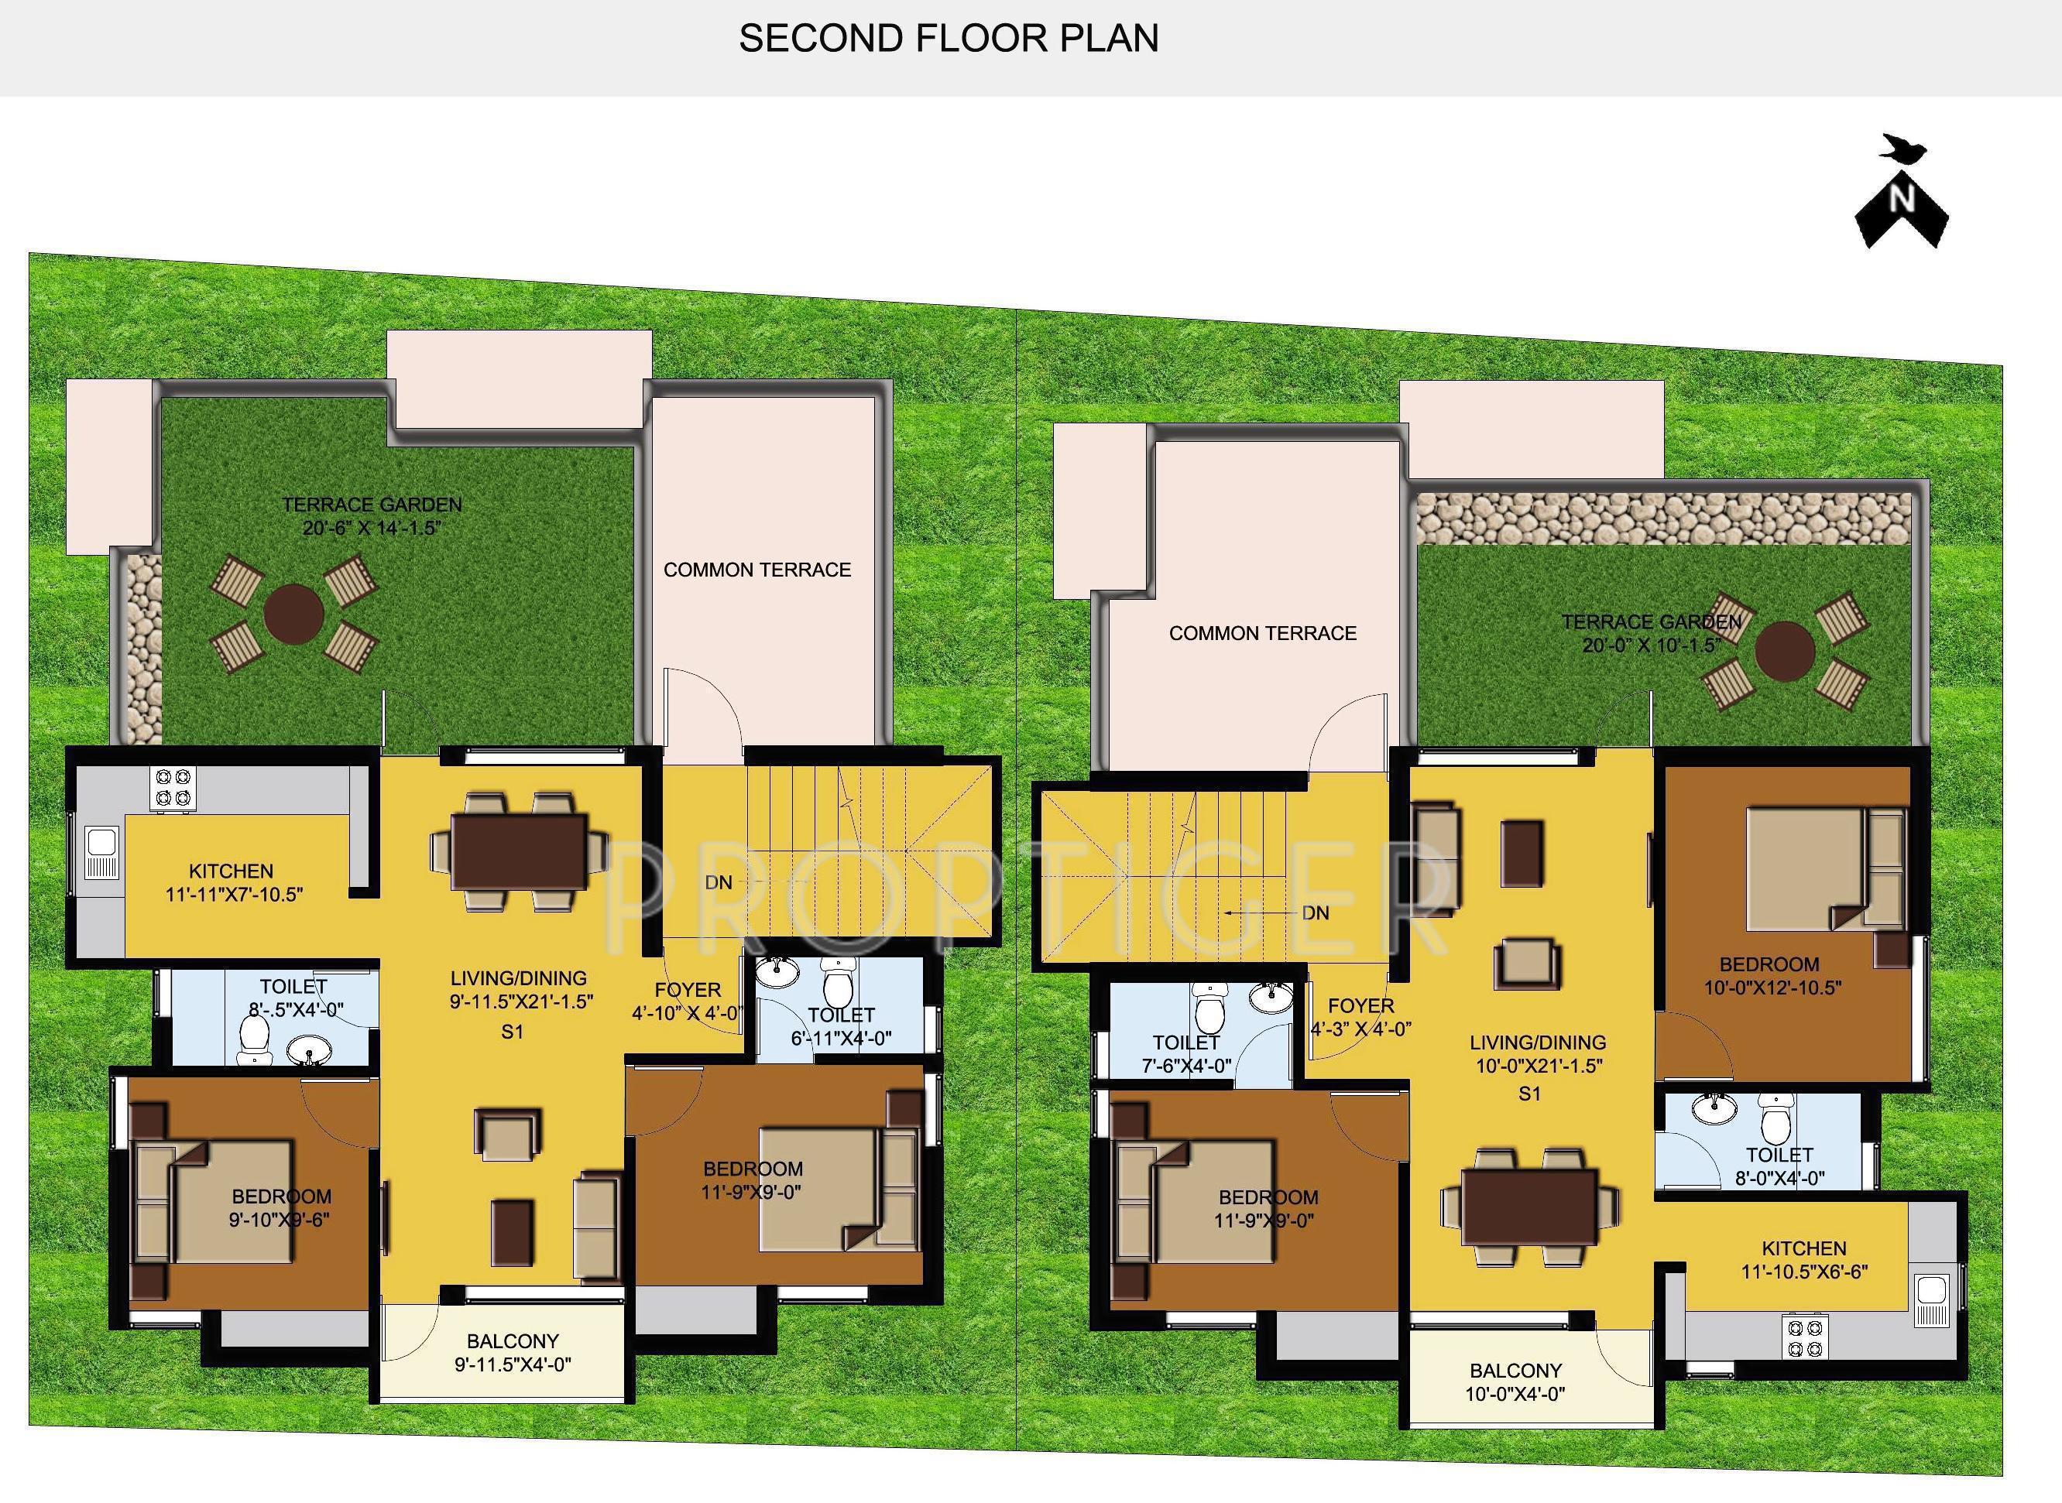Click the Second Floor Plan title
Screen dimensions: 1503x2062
[949, 38]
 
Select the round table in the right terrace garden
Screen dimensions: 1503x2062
[1785, 652]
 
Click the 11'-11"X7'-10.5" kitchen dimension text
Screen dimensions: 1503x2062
[234, 895]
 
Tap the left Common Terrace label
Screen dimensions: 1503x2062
[757, 570]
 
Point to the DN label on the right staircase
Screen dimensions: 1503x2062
[1315, 912]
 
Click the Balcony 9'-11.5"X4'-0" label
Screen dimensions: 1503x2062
[513, 1352]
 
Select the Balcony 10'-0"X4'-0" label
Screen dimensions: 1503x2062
[1515, 1381]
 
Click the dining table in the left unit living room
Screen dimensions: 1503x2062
[520, 851]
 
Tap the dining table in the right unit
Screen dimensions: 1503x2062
[1530, 1207]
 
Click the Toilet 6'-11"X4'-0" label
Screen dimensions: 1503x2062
[841, 1025]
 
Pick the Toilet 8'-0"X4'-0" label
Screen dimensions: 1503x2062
[1780, 1166]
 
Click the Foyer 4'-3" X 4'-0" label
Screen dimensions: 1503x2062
[1360, 1017]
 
